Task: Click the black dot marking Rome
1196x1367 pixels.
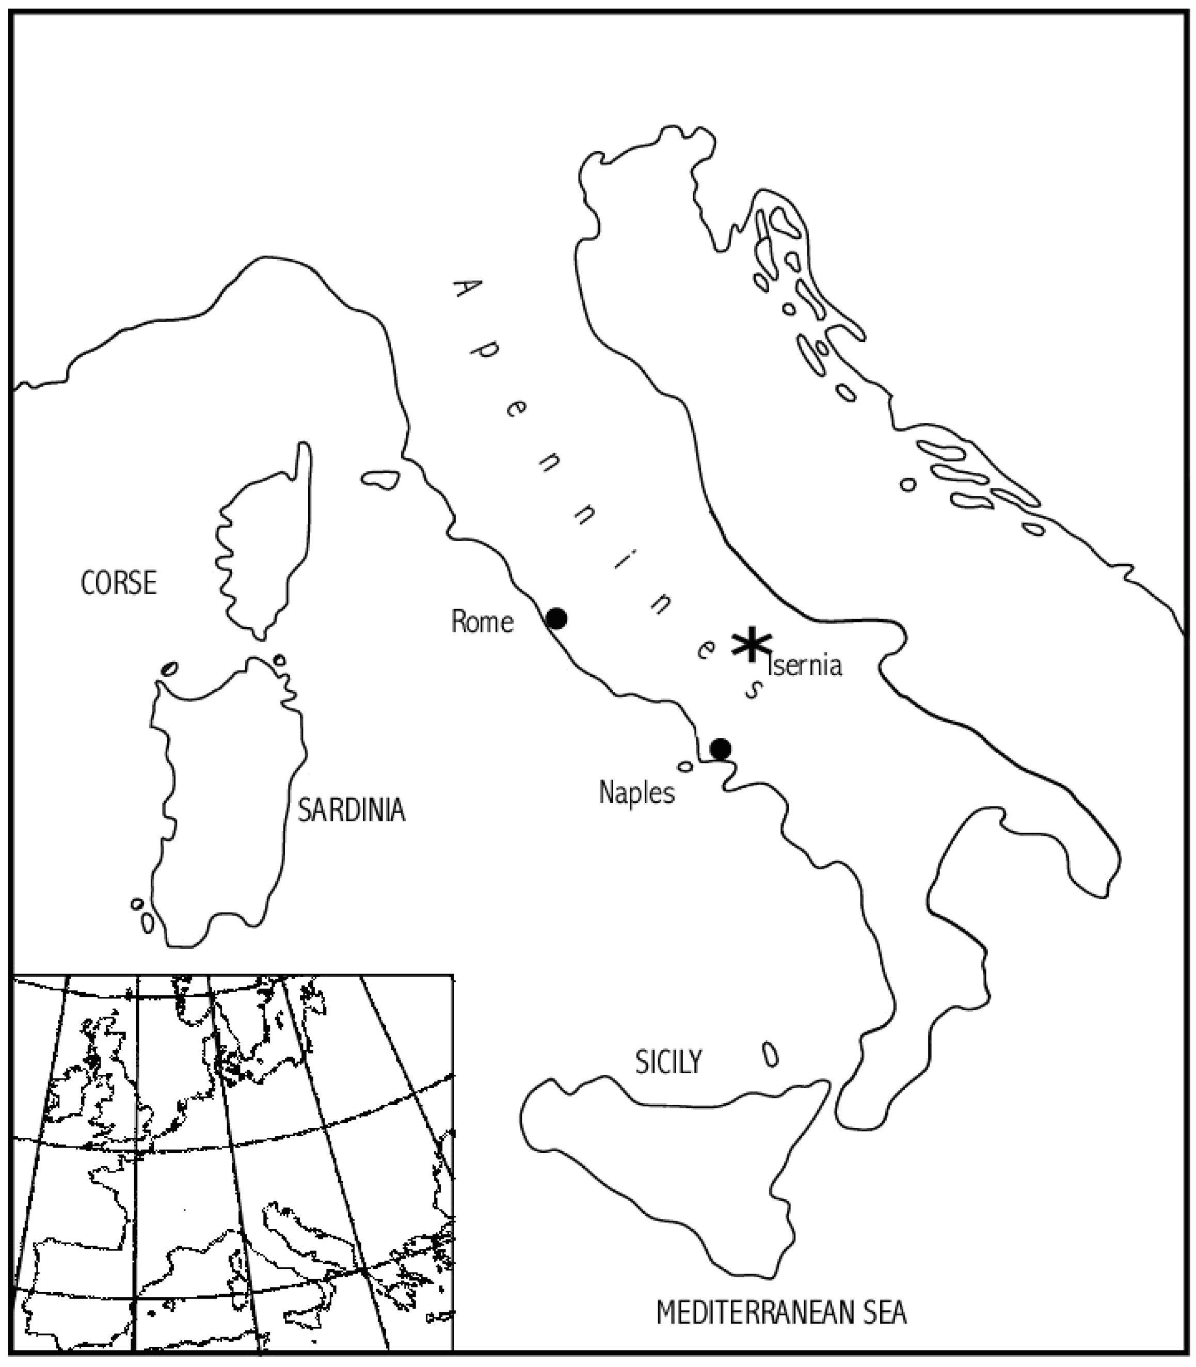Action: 556,619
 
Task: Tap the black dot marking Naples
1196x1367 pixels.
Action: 720,749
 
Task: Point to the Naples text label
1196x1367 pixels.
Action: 636,793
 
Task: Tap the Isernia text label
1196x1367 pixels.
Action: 806,665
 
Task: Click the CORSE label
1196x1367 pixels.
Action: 118,583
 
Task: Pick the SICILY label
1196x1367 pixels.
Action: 668,1061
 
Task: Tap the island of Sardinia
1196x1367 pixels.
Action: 224,801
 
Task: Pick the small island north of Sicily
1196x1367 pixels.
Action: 770,1055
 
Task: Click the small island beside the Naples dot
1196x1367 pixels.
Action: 685,766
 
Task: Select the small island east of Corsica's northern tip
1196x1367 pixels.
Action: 380,479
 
